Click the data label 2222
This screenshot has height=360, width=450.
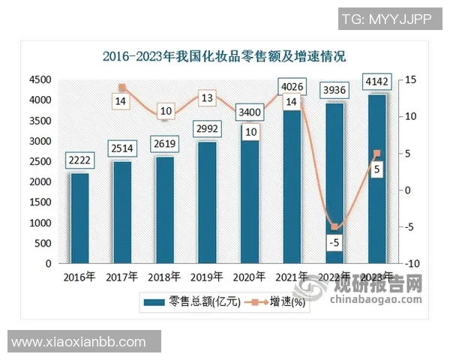pyautogui.click(x=79, y=160)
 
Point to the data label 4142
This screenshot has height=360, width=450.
pyautogui.click(x=376, y=82)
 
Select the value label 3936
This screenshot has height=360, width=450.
pyautogui.click(x=334, y=91)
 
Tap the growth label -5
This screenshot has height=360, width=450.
pyautogui.click(x=335, y=243)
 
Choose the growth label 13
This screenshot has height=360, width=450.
pyautogui.click(x=206, y=97)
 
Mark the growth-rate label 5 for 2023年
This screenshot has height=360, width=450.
pyautogui.click(x=377, y=170)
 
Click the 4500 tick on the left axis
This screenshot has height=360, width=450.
pyautogui.click(x=40, y=79)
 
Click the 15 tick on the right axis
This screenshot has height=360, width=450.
pyautogui.click(x=409, y=79)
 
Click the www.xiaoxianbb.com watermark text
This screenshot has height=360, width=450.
pyautogui.click(x=79, y=341)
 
